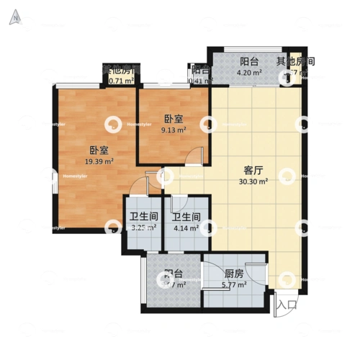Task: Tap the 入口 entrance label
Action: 287,305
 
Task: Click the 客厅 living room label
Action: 253,171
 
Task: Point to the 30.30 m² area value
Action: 253,183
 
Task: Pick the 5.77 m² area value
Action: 233,285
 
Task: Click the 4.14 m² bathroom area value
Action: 185,229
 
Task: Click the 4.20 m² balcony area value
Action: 250,73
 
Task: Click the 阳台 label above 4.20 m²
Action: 250,62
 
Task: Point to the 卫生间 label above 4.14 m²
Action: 185,217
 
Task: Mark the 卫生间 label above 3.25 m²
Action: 143,217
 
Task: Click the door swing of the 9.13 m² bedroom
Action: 196,155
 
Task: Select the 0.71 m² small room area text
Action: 120,81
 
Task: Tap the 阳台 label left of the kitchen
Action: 173,274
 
